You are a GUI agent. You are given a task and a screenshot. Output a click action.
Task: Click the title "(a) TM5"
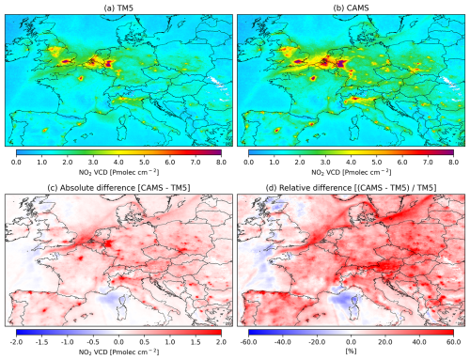[x=118, y=7]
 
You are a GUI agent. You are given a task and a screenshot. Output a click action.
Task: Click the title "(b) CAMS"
[x=351, y=7]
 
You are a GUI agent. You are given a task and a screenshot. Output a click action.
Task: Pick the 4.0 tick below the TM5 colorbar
[x=118, y=161]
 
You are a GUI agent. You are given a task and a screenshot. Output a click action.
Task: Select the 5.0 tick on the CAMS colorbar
[x=377, y=161]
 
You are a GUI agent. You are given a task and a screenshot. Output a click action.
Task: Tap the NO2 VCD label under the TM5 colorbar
[x=118, y=172]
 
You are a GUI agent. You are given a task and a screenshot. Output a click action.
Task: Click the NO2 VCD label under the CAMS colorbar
[x=351, y=172]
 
